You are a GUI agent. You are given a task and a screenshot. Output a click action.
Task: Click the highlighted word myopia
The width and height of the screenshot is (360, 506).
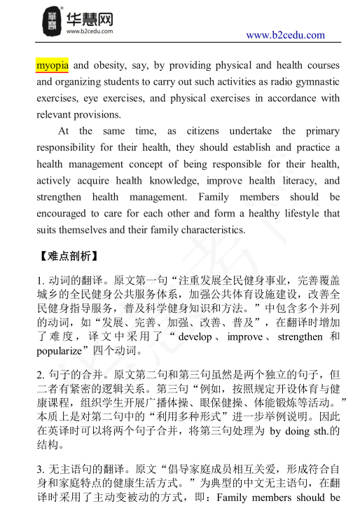tap(52, 66)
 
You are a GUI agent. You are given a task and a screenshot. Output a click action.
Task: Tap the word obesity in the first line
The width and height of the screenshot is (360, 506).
tap(110, 66)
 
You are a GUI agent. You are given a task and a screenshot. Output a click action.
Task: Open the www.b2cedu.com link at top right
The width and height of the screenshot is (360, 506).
tap(285, 35)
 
